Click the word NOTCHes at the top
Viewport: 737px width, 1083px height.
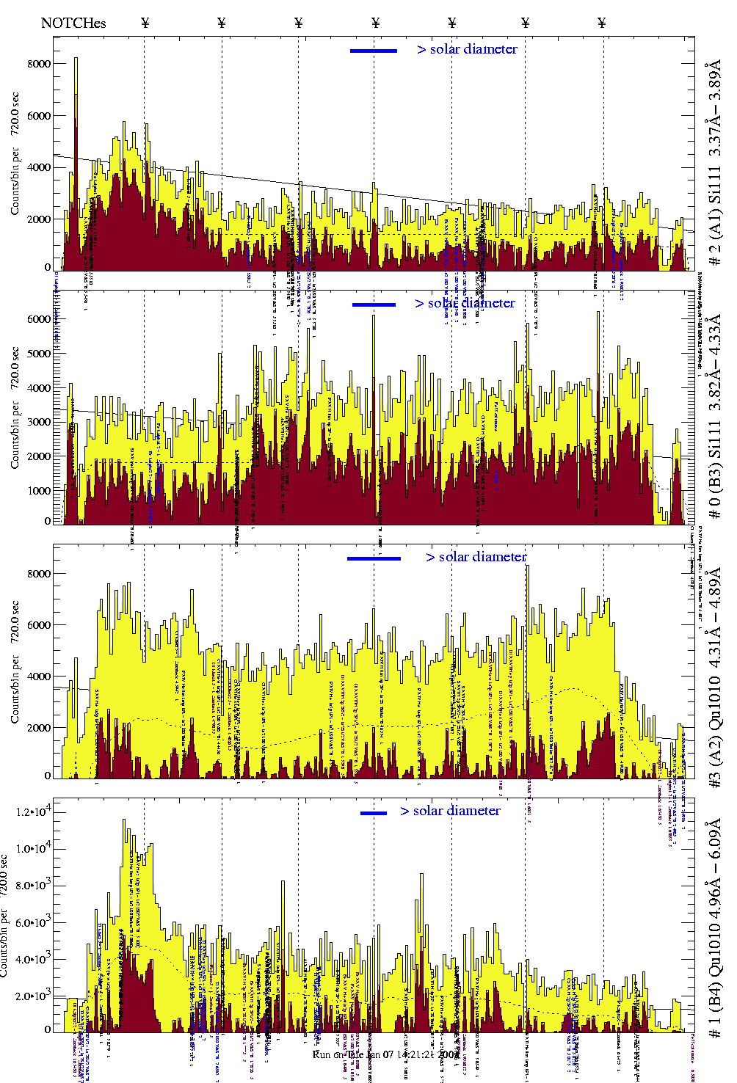point(73,23)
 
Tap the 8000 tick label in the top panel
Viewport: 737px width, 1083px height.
point(39,64)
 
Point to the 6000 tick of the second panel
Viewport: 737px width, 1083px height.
point(39,319)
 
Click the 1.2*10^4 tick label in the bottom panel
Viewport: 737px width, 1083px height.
point(32,812)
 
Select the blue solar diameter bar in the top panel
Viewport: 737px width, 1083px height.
point(374,51)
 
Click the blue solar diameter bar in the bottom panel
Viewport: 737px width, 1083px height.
point(374,813)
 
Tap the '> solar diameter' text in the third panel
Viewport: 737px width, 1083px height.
point(476,557)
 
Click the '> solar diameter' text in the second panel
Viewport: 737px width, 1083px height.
point(465,303)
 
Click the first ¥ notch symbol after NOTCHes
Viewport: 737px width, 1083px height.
point(145,23)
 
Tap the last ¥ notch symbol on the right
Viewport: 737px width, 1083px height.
point(602,23)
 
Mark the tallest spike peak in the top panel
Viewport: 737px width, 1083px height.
point(76,59)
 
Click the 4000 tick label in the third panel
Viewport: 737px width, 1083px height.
point(39,677)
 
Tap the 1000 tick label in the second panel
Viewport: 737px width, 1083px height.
point(39,491)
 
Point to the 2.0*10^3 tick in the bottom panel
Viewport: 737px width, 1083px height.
point(32,996)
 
